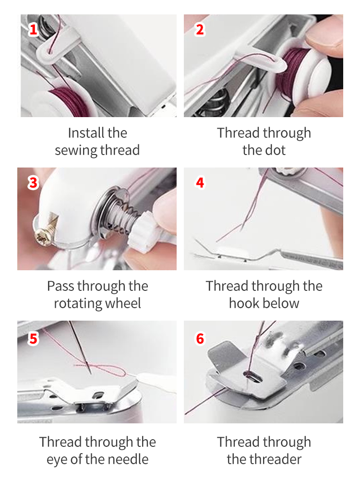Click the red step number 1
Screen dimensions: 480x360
pyautogui.click(x=33, y=30)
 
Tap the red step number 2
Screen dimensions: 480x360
pyautogui.click(x=200, y=30)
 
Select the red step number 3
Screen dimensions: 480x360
pyautogui.click(x=33, y=183)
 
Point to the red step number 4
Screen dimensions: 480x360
pyautogui.click(x=200, y=183)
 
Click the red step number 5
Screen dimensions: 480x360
pyautogui.click(x=33, y=338)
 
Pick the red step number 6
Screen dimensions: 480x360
pyautogui.click(x=200, y=338)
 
